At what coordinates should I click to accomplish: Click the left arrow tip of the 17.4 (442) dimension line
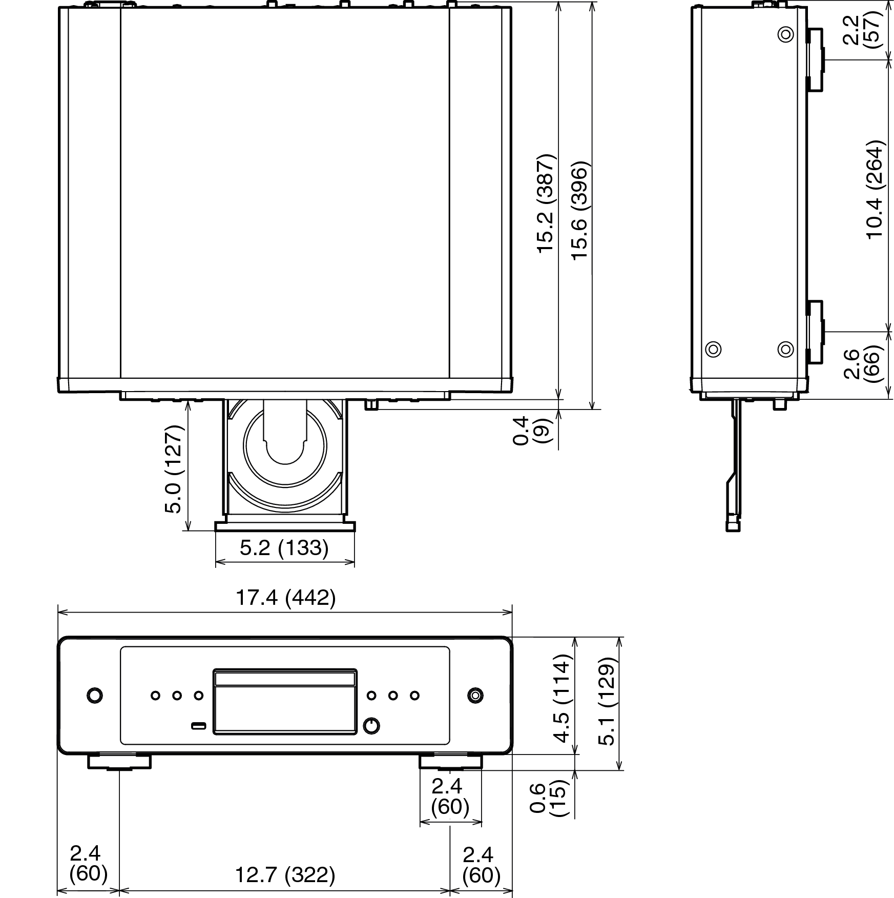point(58,611)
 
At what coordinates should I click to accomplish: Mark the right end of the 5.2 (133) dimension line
point(355,563)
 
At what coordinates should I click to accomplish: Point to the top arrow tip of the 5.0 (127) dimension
point(189,401)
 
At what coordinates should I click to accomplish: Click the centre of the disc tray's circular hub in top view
point(285,445)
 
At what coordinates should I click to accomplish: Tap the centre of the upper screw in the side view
point(785,35)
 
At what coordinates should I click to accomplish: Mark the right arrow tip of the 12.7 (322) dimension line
point(450,889)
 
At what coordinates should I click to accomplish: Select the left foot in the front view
point(119,762)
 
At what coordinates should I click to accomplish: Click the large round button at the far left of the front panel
point(95,696)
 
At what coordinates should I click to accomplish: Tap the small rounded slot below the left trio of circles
point(198,725)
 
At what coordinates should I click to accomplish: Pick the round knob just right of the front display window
point(371,725)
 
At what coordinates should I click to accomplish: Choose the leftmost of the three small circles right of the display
point(371,696)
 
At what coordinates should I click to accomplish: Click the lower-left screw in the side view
point(713,350)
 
